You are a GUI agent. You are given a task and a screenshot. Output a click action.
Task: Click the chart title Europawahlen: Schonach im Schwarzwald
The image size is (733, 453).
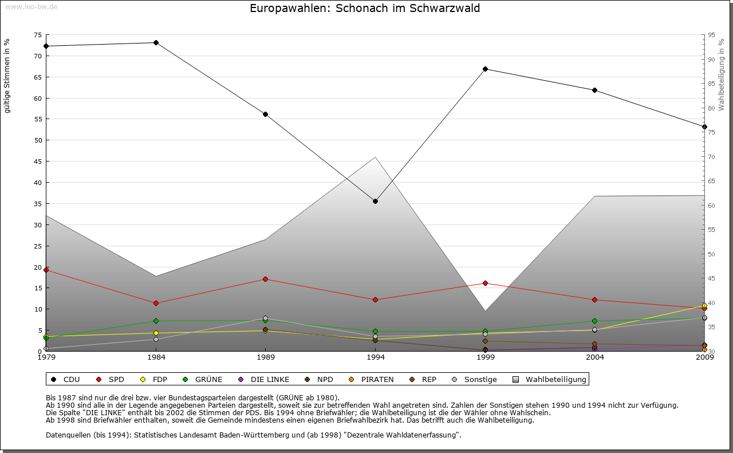[365, 9]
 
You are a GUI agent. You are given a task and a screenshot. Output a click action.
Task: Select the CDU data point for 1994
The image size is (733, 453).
[375, 202]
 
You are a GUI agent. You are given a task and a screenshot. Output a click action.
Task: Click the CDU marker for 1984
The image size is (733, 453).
[156, 43]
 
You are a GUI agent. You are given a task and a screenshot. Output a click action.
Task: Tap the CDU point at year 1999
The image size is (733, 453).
[485, 69]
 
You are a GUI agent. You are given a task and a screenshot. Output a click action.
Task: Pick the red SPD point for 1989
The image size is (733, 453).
[265, 279]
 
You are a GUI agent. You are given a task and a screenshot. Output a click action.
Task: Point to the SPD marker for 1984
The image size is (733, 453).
[156, 304]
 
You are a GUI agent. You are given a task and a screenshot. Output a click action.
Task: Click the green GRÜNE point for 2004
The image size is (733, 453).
[595, 321]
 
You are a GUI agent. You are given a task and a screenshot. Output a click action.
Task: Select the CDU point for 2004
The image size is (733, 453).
[595, 90]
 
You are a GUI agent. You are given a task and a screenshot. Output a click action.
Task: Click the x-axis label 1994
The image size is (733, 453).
[375, 358]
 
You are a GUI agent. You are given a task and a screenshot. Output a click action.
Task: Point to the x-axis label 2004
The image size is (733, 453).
[595, 358]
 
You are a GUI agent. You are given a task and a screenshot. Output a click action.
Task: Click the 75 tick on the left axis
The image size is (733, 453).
[38, 35]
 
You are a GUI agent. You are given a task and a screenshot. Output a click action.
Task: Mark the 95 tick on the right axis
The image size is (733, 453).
[711, 35]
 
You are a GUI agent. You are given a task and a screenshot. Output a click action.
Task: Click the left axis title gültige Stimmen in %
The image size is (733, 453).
[7, 76]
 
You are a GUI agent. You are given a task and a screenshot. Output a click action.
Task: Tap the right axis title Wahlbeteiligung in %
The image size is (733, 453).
[722, 74]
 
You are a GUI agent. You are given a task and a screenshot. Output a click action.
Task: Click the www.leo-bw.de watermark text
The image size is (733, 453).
[31, 6]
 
